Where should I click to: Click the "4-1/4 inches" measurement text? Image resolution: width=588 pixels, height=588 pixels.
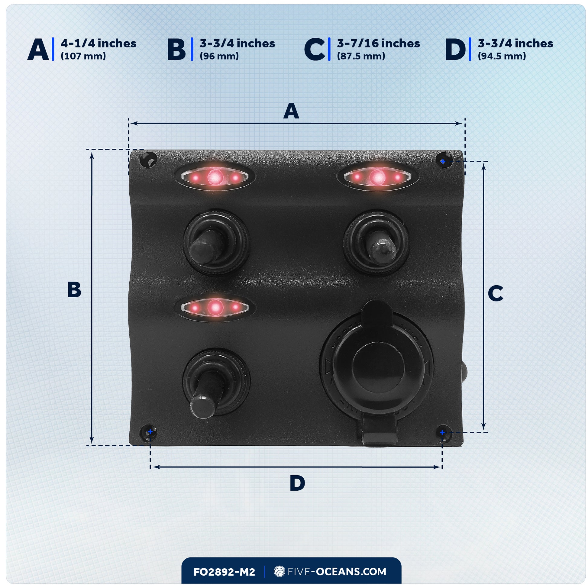(98, 44)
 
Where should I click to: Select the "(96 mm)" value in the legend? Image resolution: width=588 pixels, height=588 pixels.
(219, 56)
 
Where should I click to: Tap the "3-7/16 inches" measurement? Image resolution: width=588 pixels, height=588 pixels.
(378, 44)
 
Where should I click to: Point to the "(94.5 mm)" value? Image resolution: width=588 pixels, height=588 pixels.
(502, 56)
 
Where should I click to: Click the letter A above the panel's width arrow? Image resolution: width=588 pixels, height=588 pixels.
(291, 111)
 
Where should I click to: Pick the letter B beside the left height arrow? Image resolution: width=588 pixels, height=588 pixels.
(74, 289)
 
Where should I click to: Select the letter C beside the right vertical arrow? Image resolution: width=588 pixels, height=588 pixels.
(495, 294)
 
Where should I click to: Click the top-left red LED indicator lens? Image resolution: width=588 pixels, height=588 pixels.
(215, 176)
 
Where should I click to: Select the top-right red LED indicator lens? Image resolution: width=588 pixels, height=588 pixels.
(377, 176)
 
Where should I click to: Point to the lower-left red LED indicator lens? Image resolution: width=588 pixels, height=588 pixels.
(215, 308)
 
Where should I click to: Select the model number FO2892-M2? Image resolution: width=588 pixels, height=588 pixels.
(224, 572)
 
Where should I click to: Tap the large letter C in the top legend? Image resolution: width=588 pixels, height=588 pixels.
(315, 50)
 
